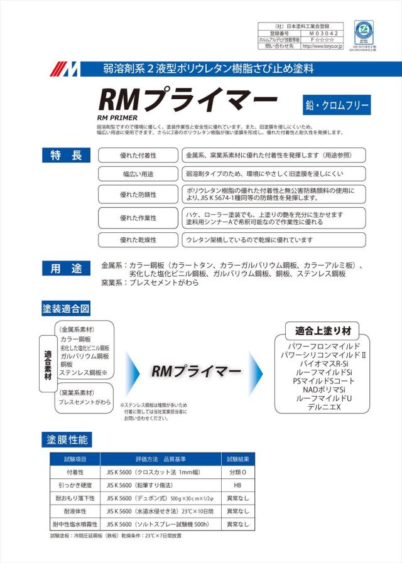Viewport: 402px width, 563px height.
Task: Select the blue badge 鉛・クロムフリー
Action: tap(336, 104)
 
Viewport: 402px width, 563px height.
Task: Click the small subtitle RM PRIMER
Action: tap(117, 117)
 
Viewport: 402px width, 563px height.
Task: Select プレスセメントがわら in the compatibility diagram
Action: tap(84, 402)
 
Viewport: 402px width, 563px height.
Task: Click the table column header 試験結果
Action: tap(238, 458)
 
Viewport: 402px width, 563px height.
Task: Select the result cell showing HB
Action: tap(238, 485)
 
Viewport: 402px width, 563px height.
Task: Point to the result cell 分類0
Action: tap(238, 472)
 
